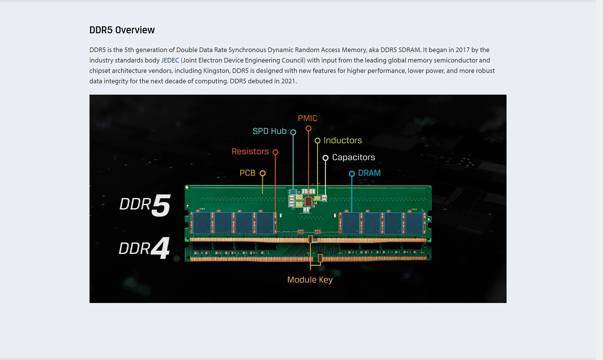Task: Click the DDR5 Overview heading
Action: (122, 30)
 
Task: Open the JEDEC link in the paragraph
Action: (170, 60)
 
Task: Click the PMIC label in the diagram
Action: (308, 118)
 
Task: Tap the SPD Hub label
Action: (269, 131)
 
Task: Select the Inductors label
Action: (343, 140)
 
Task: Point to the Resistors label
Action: (250, 151)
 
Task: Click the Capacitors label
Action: (353, 157)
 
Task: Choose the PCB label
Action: (247, 173)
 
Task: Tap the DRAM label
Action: (369, 173)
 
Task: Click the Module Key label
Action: (310, 280)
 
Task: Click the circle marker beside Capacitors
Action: (326, 158)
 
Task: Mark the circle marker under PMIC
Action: (308, 128)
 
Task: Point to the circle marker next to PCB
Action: (262, 173)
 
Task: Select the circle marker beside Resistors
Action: (275, 152)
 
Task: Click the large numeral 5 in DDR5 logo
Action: (161, 205)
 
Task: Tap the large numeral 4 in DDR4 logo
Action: (160, 248)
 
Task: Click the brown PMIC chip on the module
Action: (308, 201)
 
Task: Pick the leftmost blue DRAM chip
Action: (202, 223)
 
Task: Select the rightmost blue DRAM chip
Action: (414, 223)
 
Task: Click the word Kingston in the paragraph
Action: (216, 71)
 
